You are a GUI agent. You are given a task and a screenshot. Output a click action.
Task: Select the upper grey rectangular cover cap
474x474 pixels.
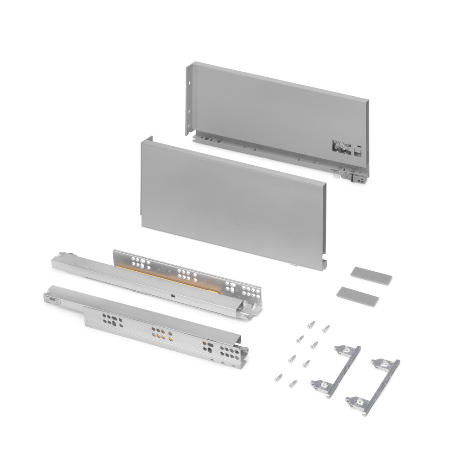[x=371, y=275]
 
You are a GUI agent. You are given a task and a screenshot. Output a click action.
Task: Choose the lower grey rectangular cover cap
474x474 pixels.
[x=357, y=296]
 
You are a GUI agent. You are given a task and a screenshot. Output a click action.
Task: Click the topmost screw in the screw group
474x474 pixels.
[x=312, y=324]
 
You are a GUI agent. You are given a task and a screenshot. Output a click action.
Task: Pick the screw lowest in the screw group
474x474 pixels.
[x=293, y=383]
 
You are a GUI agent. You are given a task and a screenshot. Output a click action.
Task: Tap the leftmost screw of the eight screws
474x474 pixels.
[x=278, y=378]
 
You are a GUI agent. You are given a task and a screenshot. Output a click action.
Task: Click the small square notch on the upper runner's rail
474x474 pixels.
[x=172, y=296]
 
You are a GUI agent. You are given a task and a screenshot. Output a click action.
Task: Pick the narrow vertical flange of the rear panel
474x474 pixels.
[x=189, y=100]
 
